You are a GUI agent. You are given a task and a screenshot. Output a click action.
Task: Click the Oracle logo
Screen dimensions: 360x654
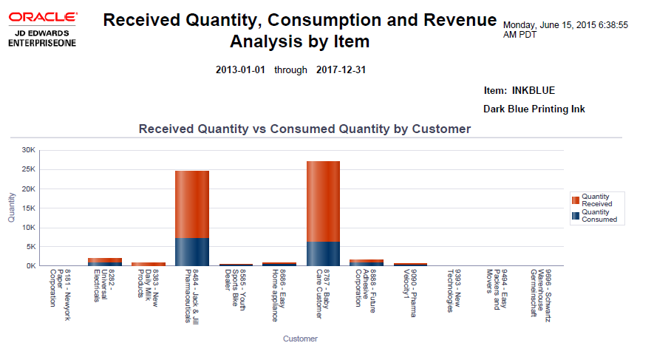(x=42, y=16)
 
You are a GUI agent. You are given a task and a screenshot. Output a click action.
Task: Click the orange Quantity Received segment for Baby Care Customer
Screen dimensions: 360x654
(x=323, y=201)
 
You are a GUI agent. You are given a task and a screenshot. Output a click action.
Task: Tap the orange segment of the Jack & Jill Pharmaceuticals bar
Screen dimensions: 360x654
(x=192, y=204)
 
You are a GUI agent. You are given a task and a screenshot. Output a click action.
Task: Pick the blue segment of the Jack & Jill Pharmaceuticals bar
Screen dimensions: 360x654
(x=192, y=251)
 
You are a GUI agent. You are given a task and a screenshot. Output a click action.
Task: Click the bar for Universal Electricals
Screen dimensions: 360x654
(x=105, y=262)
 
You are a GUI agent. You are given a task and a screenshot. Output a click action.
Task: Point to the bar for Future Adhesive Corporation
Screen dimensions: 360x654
(x=367, y=262)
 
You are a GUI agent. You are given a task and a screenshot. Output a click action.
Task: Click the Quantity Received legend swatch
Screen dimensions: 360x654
(x=575, y=200)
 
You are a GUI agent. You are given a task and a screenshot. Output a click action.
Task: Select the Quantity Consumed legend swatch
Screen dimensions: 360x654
(x=575, y=215)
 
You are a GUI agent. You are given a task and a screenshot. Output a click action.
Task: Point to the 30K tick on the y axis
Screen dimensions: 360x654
(x=29, y=150)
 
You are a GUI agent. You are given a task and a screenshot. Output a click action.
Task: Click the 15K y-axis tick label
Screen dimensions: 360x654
(x=29, y=208)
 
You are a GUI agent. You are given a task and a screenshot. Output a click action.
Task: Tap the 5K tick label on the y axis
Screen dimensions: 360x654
(x=30, y=246)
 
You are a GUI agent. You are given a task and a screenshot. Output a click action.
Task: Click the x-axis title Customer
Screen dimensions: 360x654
(x=300, y=339)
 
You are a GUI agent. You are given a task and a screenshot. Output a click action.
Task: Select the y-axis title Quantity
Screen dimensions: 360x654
(x=11, y=208)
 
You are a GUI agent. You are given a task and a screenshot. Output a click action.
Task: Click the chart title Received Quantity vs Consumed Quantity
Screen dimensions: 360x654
(x=304, y=129)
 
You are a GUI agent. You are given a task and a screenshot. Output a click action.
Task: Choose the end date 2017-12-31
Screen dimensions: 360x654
(x=341, y=70)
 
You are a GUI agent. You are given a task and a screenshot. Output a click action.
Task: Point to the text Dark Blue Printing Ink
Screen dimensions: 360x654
(x=534, y=109)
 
